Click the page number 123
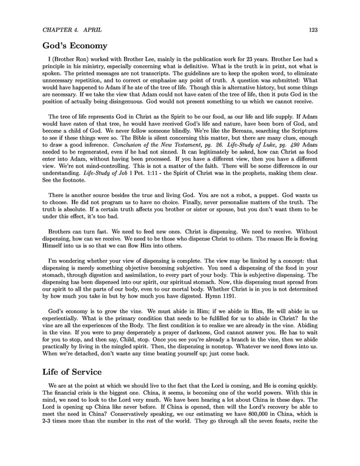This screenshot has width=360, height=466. pyautogui.click(x=313, y=29)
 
